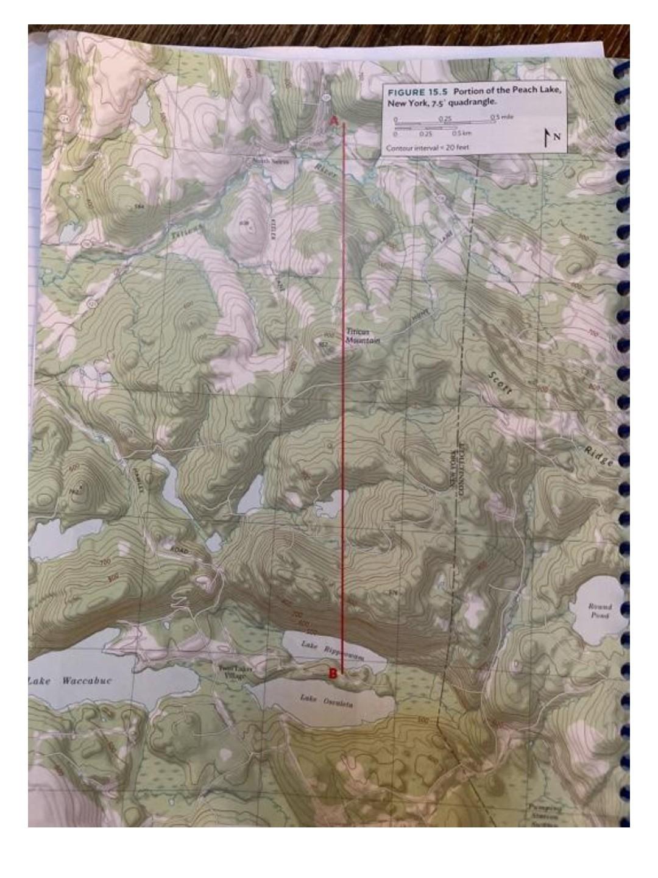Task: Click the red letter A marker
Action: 334,121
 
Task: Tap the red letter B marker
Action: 333,673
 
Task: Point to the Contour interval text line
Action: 427,148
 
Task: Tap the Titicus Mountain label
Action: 363,336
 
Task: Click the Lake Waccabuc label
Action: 71,681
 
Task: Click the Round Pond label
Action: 600,611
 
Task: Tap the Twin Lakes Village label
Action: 234,672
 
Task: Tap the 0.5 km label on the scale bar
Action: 460,133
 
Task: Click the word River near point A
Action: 326,170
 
